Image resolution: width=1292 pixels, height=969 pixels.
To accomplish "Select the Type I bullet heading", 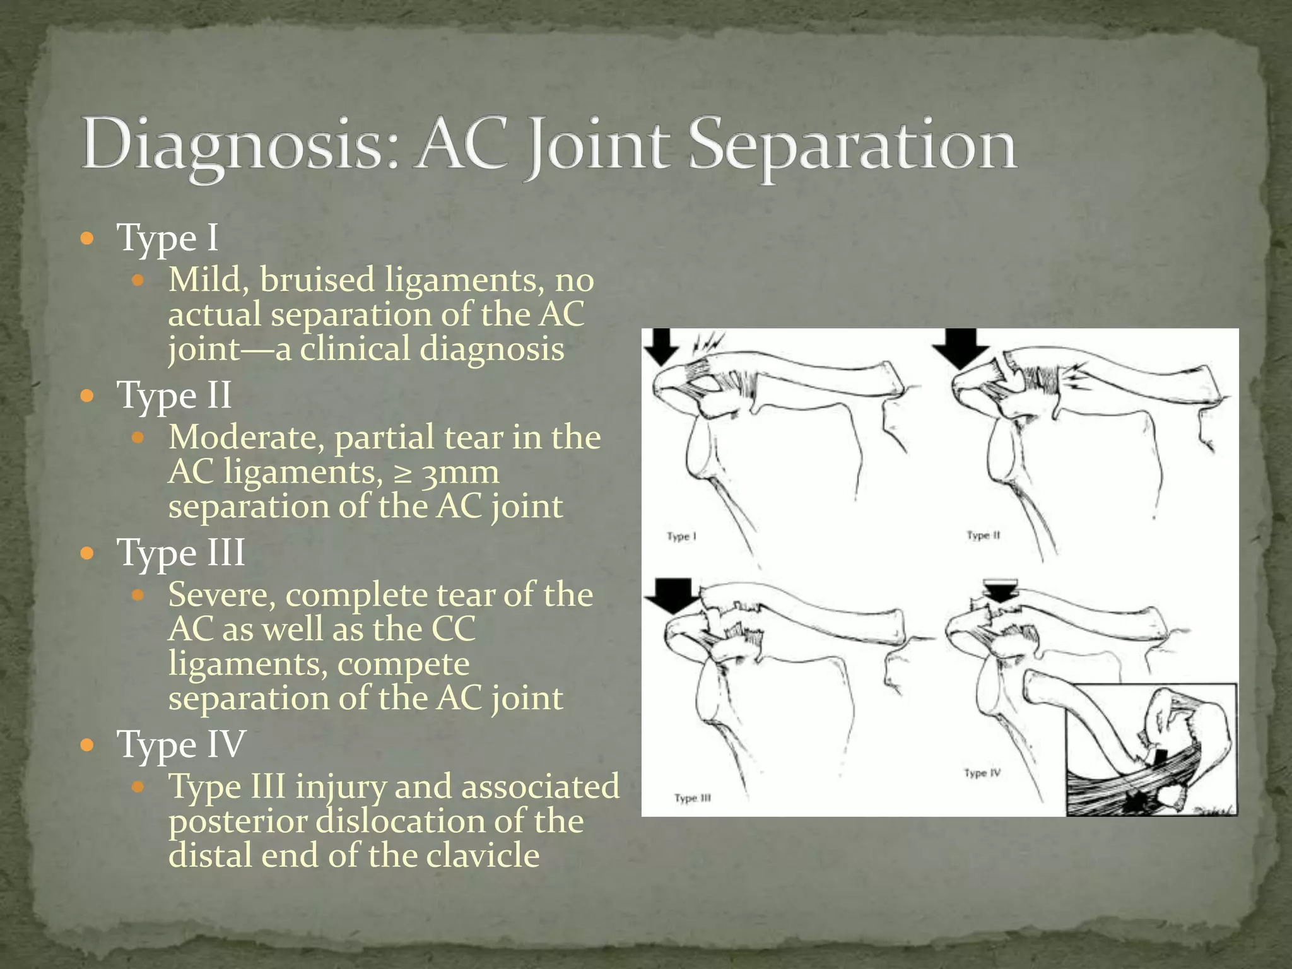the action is tap(168, 238).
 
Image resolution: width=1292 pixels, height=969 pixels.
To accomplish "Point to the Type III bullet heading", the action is tap(182, 552).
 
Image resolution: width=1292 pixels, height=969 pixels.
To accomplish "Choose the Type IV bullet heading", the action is tap(182, 744).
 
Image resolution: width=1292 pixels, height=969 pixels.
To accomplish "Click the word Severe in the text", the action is tap(221, 594).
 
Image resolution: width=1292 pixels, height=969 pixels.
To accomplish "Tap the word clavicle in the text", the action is tap(483, 855).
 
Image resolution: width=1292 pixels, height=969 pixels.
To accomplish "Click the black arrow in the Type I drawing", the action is tap(662, 346).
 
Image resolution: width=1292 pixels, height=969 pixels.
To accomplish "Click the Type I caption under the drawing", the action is tap(681, 537).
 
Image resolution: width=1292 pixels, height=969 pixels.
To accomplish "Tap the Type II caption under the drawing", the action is tap(984, 536).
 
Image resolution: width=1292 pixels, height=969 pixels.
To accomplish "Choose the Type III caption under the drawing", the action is tap(693, 798).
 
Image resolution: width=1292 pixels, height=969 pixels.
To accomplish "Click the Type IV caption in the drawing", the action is tap(982, 773).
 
